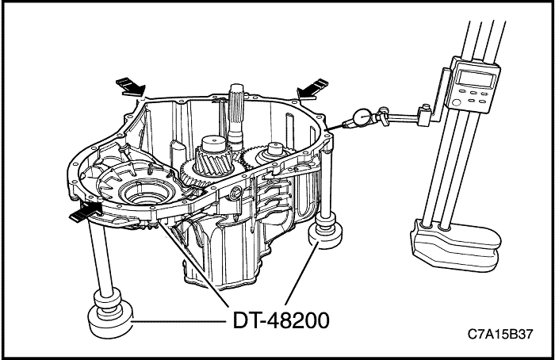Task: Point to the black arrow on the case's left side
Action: (86, 211)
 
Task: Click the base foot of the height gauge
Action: (453, 242)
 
